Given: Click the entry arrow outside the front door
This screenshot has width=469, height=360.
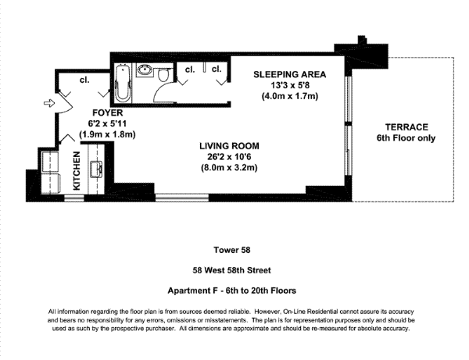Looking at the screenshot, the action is click(x=49, y=103).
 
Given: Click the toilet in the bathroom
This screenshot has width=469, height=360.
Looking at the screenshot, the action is click(x=163, y=73).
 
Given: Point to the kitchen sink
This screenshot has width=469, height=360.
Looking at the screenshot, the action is click(x=96, y=169).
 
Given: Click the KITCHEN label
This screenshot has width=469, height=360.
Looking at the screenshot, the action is click(x=77, y=170).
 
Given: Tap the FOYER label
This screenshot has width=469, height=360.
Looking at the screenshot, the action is click(x=108, y=113).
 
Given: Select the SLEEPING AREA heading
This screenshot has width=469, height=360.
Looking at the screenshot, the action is click(x=289, y=74).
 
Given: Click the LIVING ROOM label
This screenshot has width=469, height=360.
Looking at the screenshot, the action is click(x=229, y=146).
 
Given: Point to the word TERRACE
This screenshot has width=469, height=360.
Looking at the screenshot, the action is click(x=406, y=127).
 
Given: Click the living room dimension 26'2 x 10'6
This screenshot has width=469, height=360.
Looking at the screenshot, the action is click(x=229, y=157).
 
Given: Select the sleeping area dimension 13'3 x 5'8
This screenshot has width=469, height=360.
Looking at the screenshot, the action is click(x=290, y=85).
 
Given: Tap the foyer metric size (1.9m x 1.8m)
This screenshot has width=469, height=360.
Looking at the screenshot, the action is click(x=107, y=134).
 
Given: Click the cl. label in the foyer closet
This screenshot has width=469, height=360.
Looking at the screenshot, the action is click(x=84, y=80).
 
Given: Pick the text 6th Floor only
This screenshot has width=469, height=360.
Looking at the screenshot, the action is click(x=406, y=138).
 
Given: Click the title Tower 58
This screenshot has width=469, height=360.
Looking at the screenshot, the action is click(x=232, y=250).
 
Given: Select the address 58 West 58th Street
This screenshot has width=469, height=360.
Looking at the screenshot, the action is click(x=232, y=270).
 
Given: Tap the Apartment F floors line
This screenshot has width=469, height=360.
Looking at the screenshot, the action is click(x=232, y=290).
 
